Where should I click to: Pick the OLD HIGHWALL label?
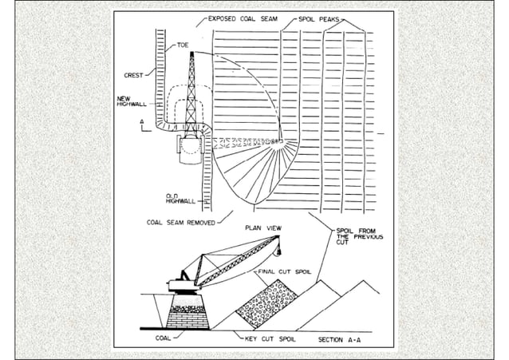click(177, 197)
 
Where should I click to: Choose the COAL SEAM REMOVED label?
click(180, 223)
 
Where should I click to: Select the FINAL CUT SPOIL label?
click(283, 271)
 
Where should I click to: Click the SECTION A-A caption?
click(343, 339)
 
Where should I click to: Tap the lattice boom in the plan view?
click(191, 88)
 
